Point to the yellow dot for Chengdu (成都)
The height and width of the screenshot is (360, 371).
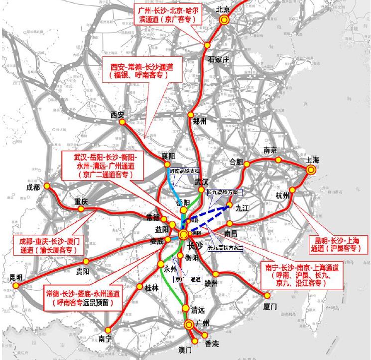point(47,185)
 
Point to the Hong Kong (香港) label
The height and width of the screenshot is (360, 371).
point(212,344)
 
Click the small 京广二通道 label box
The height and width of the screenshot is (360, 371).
point(187,279)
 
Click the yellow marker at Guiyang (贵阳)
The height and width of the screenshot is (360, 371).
point(87,261)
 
